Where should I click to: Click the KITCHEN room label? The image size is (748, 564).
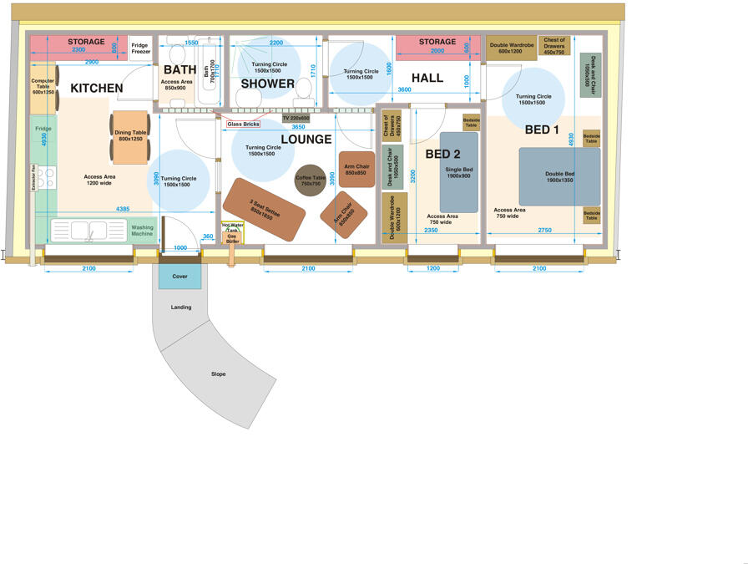96,88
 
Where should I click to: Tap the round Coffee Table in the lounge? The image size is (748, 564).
311,180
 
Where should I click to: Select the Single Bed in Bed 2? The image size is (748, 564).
459,172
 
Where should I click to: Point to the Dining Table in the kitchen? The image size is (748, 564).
130,135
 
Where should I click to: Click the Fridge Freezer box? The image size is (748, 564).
141,48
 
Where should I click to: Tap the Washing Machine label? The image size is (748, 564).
142,230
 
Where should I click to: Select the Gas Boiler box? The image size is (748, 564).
232,239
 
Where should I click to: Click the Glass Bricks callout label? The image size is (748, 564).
243,124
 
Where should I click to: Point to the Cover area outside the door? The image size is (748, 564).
180,276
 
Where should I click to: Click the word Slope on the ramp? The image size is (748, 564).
218,373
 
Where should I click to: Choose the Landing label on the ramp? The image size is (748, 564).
181,307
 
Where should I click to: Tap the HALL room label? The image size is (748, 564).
427,78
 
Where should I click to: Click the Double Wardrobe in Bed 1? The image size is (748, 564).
511,48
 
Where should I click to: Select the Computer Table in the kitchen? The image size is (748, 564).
43,86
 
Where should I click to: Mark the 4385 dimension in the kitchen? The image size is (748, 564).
123,208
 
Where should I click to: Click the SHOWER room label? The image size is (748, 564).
268,84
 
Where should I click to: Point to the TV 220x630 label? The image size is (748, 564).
296,118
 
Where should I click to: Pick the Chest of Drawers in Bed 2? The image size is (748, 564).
392,124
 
